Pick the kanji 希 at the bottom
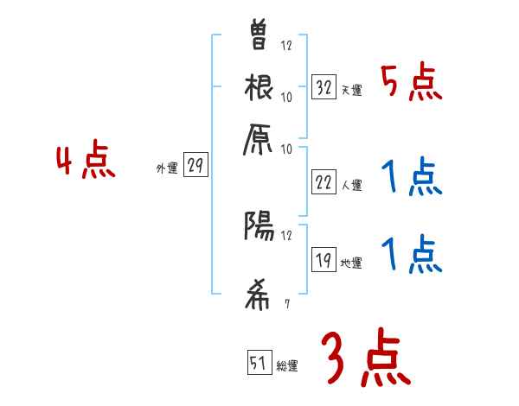pos(259,294)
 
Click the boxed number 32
pos(324,86)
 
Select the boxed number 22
pos(324,183)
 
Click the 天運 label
pos(350,90)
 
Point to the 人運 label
pos(350,185)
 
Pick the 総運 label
pos(286,366)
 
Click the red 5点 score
pos(412,84)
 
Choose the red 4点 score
pos(86,162)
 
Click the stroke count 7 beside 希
pos(285,303)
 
